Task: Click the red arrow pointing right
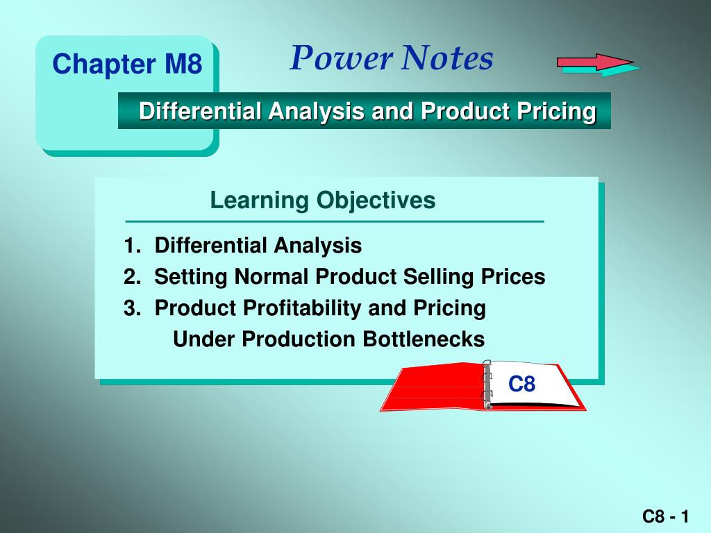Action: [595, 62]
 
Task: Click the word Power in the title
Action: [342, 59]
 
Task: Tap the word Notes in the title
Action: [447, 58]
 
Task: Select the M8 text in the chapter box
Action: [183, 63]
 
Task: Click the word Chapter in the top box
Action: [104, 65]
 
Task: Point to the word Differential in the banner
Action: [200, 110]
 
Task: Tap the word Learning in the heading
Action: [260, 201]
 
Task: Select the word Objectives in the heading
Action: [376, 201]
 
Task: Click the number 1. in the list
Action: [133, 245]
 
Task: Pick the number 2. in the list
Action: [133, 276]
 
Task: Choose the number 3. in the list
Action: [133, 307]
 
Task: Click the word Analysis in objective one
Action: [317, 246]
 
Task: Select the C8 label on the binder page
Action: [521, 384]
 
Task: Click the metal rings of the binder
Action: [487, 384]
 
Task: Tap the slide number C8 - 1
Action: [666, 516]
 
